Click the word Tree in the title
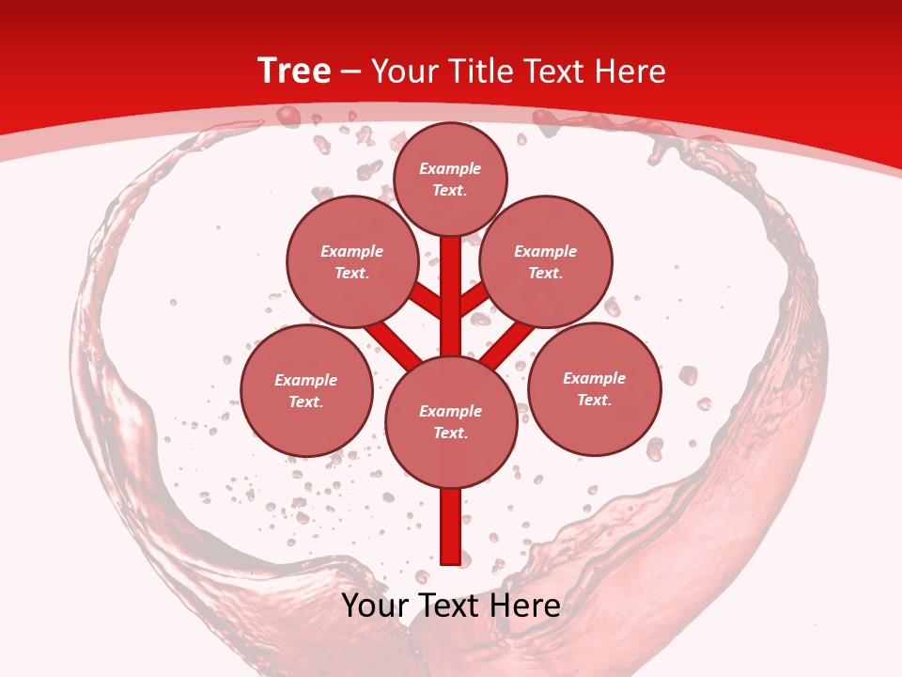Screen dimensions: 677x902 tap(294, 71)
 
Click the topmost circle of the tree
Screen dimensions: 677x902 tap(450, 179)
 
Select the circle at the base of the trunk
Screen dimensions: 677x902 tap(451, 421)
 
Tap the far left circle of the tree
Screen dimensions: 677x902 tap(306, 390)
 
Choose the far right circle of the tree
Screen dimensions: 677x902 tap(595, 388)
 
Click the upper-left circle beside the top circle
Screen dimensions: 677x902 tap(352, 261)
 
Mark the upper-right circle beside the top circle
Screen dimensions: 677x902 tap(546, 261)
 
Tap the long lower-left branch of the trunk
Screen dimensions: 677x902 tap(393, 343)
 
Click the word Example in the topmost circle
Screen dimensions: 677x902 tap(450, 169)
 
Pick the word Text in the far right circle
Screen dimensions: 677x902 tap(594, 400)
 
